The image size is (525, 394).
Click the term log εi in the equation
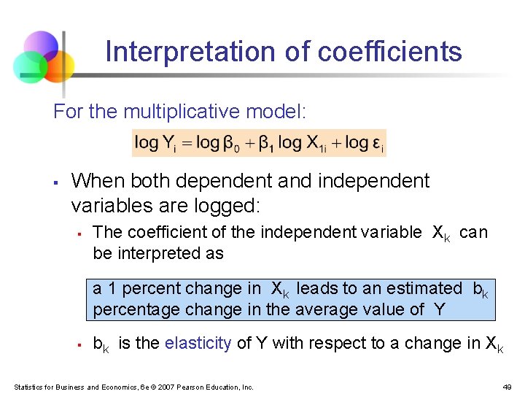pos(364,142)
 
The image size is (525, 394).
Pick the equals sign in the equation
pos(180,143)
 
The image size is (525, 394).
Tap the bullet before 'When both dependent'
pos(56,181)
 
